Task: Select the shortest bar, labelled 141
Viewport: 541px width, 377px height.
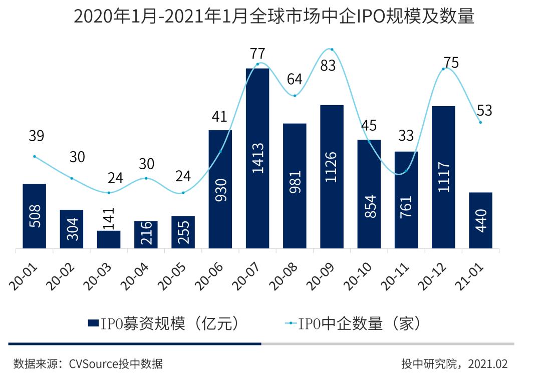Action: click(109, 239)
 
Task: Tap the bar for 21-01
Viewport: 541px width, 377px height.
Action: click(480, 220)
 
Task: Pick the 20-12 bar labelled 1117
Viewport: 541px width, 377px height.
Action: click(443, 177)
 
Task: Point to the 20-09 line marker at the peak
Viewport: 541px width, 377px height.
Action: click(332, 49)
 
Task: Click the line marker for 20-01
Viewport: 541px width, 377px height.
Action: click(35, 156)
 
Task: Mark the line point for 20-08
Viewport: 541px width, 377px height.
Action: click(295, 95)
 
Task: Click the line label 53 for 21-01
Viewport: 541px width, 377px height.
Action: click(484, 110)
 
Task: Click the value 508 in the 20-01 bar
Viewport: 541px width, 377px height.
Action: click(35, 216)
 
